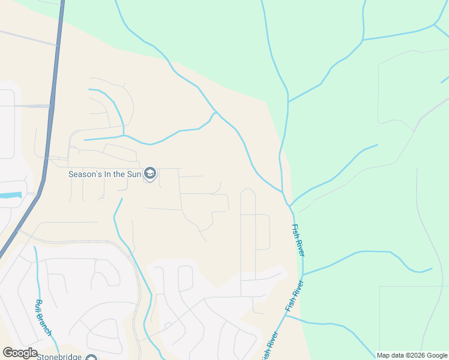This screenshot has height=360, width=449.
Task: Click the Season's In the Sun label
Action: coord(104,175)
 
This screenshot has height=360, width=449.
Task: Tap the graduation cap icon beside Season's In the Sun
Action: coord(150,175)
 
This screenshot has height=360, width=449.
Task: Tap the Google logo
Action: coord(20,353)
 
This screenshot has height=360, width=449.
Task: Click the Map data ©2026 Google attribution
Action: coord(412,355)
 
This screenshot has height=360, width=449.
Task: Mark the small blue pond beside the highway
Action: coord(11,196)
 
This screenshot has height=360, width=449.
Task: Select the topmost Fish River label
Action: coord(298,241)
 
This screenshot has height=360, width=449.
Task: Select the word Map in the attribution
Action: coord(384,355)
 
